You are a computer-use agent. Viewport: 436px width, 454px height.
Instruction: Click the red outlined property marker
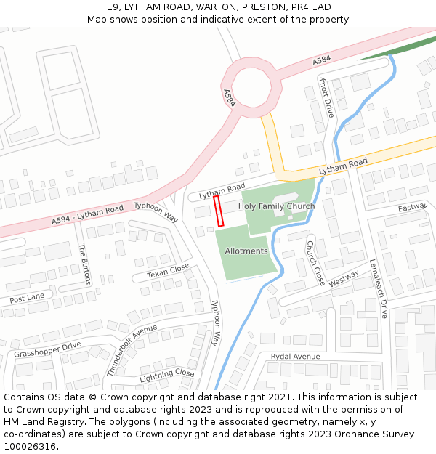click(218, 211)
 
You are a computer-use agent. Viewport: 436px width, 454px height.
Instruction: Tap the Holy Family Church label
click(276, 206)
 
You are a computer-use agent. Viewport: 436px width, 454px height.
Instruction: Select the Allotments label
click(246, 251)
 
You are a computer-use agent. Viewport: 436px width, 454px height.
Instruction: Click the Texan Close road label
click(168, 271)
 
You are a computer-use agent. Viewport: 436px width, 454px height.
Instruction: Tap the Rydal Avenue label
click(295, 357)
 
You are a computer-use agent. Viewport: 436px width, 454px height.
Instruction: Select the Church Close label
click(315, 263)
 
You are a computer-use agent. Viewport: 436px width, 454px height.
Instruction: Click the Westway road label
click(344, 279)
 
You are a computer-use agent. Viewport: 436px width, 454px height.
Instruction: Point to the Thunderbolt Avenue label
click(132, 349)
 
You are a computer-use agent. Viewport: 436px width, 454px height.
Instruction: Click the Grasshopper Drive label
click(47, 349)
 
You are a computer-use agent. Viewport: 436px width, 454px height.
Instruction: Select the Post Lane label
click(27, 298)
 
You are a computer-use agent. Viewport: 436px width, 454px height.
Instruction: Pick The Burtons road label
click(84, 264)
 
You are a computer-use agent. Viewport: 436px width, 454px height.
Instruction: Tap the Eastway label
click(411, 208)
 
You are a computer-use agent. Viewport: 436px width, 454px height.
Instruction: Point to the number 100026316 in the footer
click(30, 447)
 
